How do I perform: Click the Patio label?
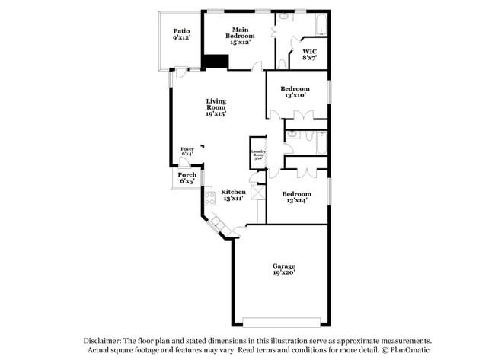click(x=180, y=30)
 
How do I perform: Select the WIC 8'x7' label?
click(x=309, y=54)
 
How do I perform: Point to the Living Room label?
click(x=216, y=107)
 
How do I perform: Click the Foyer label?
click(x=187, y=149)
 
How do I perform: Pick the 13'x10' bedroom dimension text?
click(x=295, y=95)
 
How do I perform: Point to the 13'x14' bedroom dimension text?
click(x=295, y=201)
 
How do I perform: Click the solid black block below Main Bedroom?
click(x=216, y=62)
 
